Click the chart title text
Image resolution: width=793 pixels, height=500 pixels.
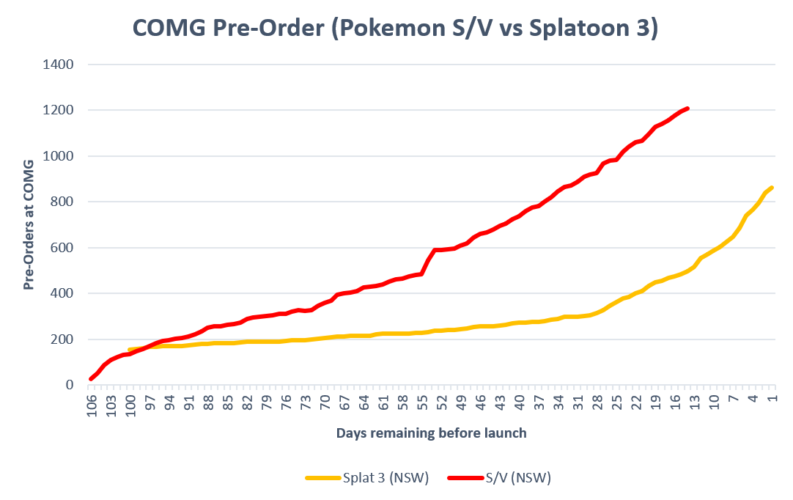(396, 27)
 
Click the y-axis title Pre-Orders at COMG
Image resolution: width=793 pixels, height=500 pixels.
(29, 224)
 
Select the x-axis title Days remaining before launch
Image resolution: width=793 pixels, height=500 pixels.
(432, 433)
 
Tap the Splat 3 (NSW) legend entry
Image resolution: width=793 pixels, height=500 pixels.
(367, 478)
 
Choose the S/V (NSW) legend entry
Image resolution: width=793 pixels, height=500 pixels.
(500, 478)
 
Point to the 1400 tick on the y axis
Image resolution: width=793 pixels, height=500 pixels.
(58, 65)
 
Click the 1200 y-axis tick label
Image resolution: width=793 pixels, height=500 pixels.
(58, 110)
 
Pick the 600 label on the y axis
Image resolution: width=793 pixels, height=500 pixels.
(62, 248)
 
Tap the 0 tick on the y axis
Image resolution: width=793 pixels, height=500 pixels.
(70, 385)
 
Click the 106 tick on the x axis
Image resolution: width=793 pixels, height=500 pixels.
(92, 406)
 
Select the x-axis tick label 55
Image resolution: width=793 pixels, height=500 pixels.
(423, 402)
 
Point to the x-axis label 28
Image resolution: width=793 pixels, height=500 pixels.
(598, 402)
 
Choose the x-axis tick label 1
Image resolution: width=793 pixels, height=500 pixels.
(772, 399)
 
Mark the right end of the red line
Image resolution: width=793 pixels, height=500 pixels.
(687, 109)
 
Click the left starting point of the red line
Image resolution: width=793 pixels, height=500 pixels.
(91, 379)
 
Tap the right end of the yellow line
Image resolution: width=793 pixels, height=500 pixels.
(772, 188)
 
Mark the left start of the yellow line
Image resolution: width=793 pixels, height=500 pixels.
(130, 350)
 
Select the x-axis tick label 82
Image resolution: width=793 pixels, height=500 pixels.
(248, 402)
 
